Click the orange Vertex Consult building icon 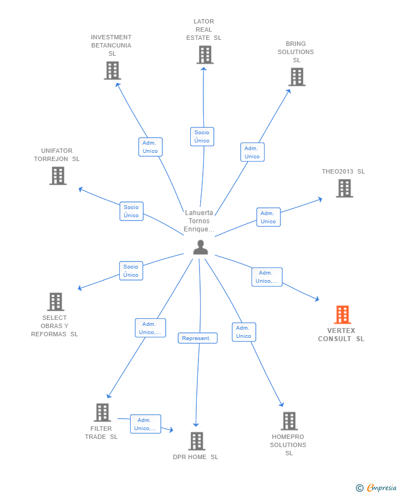(x=342, y=315)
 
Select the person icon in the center (x=201, y=248)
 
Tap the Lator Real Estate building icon (x=205, y=55)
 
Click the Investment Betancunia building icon (x=112, y=70)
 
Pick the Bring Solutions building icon (x=296, y=77)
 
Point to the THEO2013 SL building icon (x=344, y=188)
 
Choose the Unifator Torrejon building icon (x=57, y=176)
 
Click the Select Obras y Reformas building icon (x=55, y=302)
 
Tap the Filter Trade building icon (x=102, y=413)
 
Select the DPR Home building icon (x=196, y=441)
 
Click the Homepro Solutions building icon (x=289, y=421)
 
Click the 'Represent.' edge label (x=197, y=338)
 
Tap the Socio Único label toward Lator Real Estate (x=202, y=136)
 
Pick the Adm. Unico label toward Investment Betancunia (x=150, y=147)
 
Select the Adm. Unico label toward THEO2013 (x=268, y=217)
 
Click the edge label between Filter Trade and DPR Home (x=145, y=424)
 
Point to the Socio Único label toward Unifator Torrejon (x=131, y=211)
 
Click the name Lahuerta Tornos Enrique (x=199, y=221)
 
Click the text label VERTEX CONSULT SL (x=341, y=335)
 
